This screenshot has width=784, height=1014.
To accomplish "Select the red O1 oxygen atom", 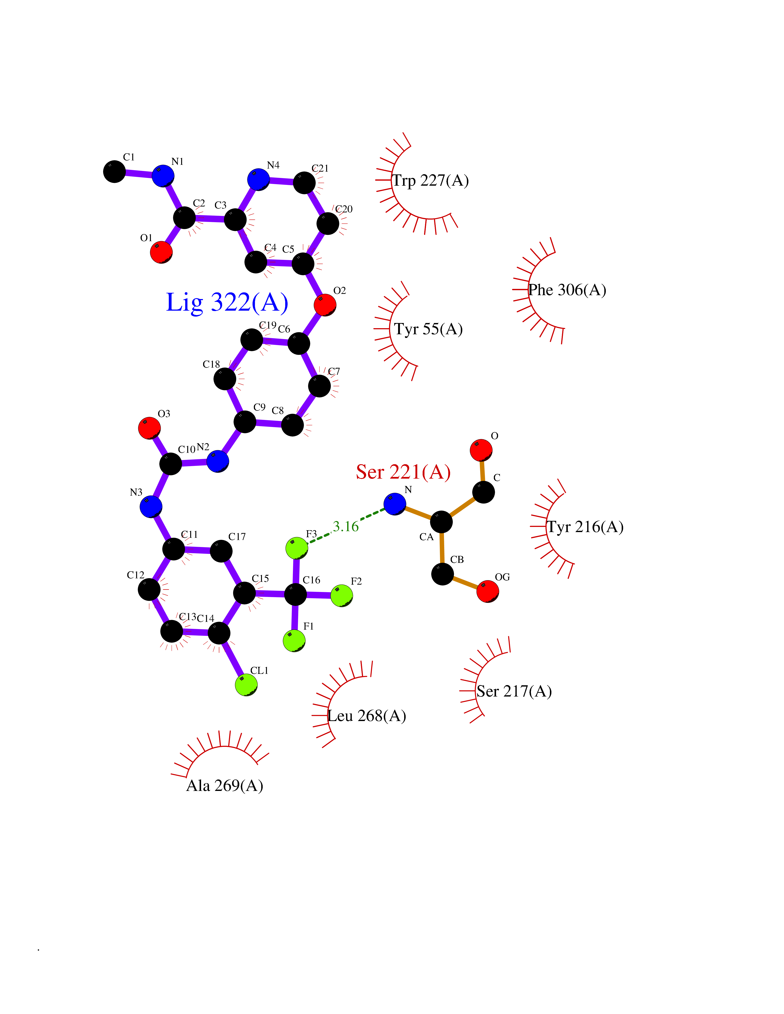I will pyautogui.click(x=161, y=252).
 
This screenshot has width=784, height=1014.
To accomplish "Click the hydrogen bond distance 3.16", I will pyautogui.click(x=346, y=527).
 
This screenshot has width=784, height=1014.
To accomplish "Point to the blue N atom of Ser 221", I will pyautogui.click(x=395, y=504).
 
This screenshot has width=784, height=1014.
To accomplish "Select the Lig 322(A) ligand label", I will pyautogui.click(x=227, y=302).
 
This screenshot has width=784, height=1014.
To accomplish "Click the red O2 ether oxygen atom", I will pyautogui.click(x=325, y=305).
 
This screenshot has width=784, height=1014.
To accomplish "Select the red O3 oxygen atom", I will pyautogui.click(x=150, y=428).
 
